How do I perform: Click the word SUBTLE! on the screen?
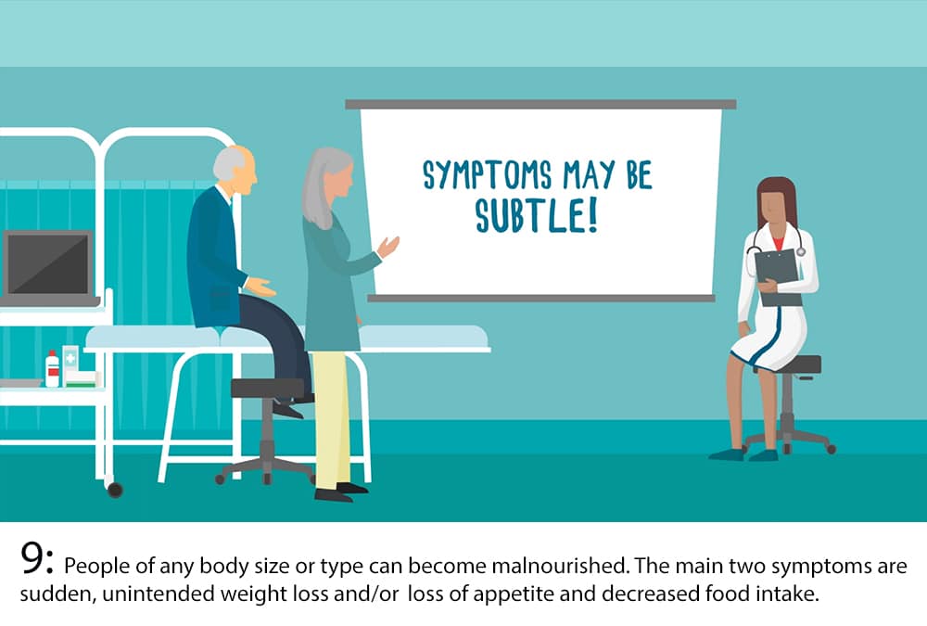[x=536, y=215]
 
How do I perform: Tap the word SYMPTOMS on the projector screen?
[x=488, y=175]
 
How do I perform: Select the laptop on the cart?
[x=48, y=267]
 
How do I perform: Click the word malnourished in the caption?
[x=559, y=566]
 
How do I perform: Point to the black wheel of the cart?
[x=115, y=490]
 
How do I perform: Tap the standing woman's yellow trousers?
[x=331, y=420]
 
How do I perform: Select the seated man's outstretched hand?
[x=260, y=287]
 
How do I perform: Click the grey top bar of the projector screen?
[x=540, y=105]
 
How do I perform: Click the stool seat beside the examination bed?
[x=268, y=389]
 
